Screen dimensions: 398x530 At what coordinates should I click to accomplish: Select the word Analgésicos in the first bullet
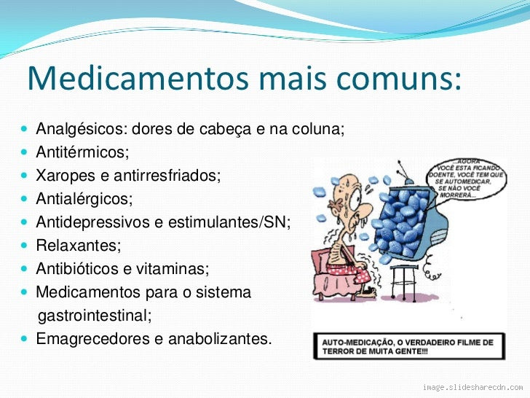79,130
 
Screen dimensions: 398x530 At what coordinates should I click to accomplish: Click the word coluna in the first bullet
317,130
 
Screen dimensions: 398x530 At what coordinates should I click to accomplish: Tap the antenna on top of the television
403,169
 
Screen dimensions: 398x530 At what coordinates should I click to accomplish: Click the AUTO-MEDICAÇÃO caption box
408,346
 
